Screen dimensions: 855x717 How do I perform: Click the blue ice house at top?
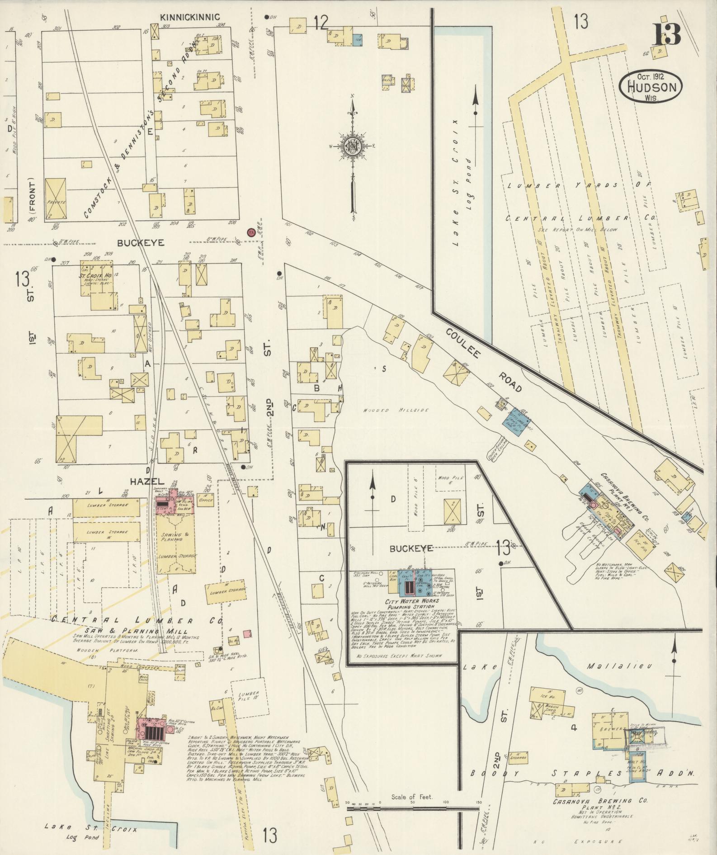[x=357, y=39]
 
